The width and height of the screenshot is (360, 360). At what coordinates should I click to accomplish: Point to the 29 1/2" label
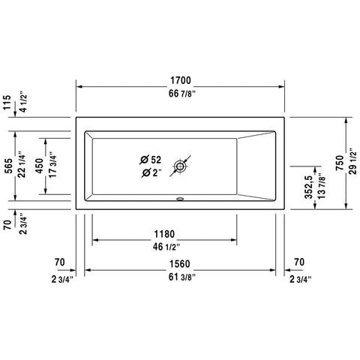click(x=353, y=160)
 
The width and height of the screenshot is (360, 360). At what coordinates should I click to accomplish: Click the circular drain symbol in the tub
click(x=180, y=166)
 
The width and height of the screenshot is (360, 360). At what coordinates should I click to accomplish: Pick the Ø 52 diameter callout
click(x=150, y=160)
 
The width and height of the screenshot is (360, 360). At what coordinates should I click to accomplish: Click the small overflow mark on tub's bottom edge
click(x=180, y=199)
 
